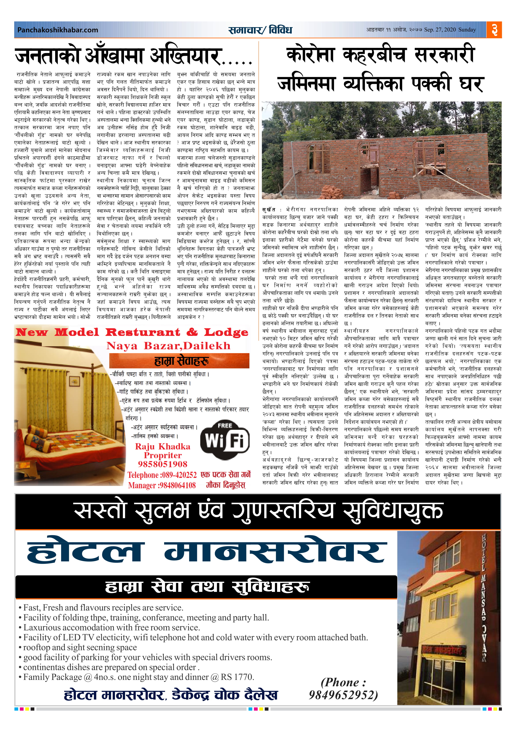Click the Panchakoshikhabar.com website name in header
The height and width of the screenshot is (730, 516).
tap(58, 30)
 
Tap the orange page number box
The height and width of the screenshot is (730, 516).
tap(494, 30)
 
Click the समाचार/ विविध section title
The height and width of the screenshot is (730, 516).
tap(260, 30)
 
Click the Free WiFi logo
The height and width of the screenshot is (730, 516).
tap(225, 440)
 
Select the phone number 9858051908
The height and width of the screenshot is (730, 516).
tap(162, 464)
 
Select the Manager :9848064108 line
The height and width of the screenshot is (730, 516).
tap(162, 485)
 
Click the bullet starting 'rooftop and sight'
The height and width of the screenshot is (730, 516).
tap(80, 647)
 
